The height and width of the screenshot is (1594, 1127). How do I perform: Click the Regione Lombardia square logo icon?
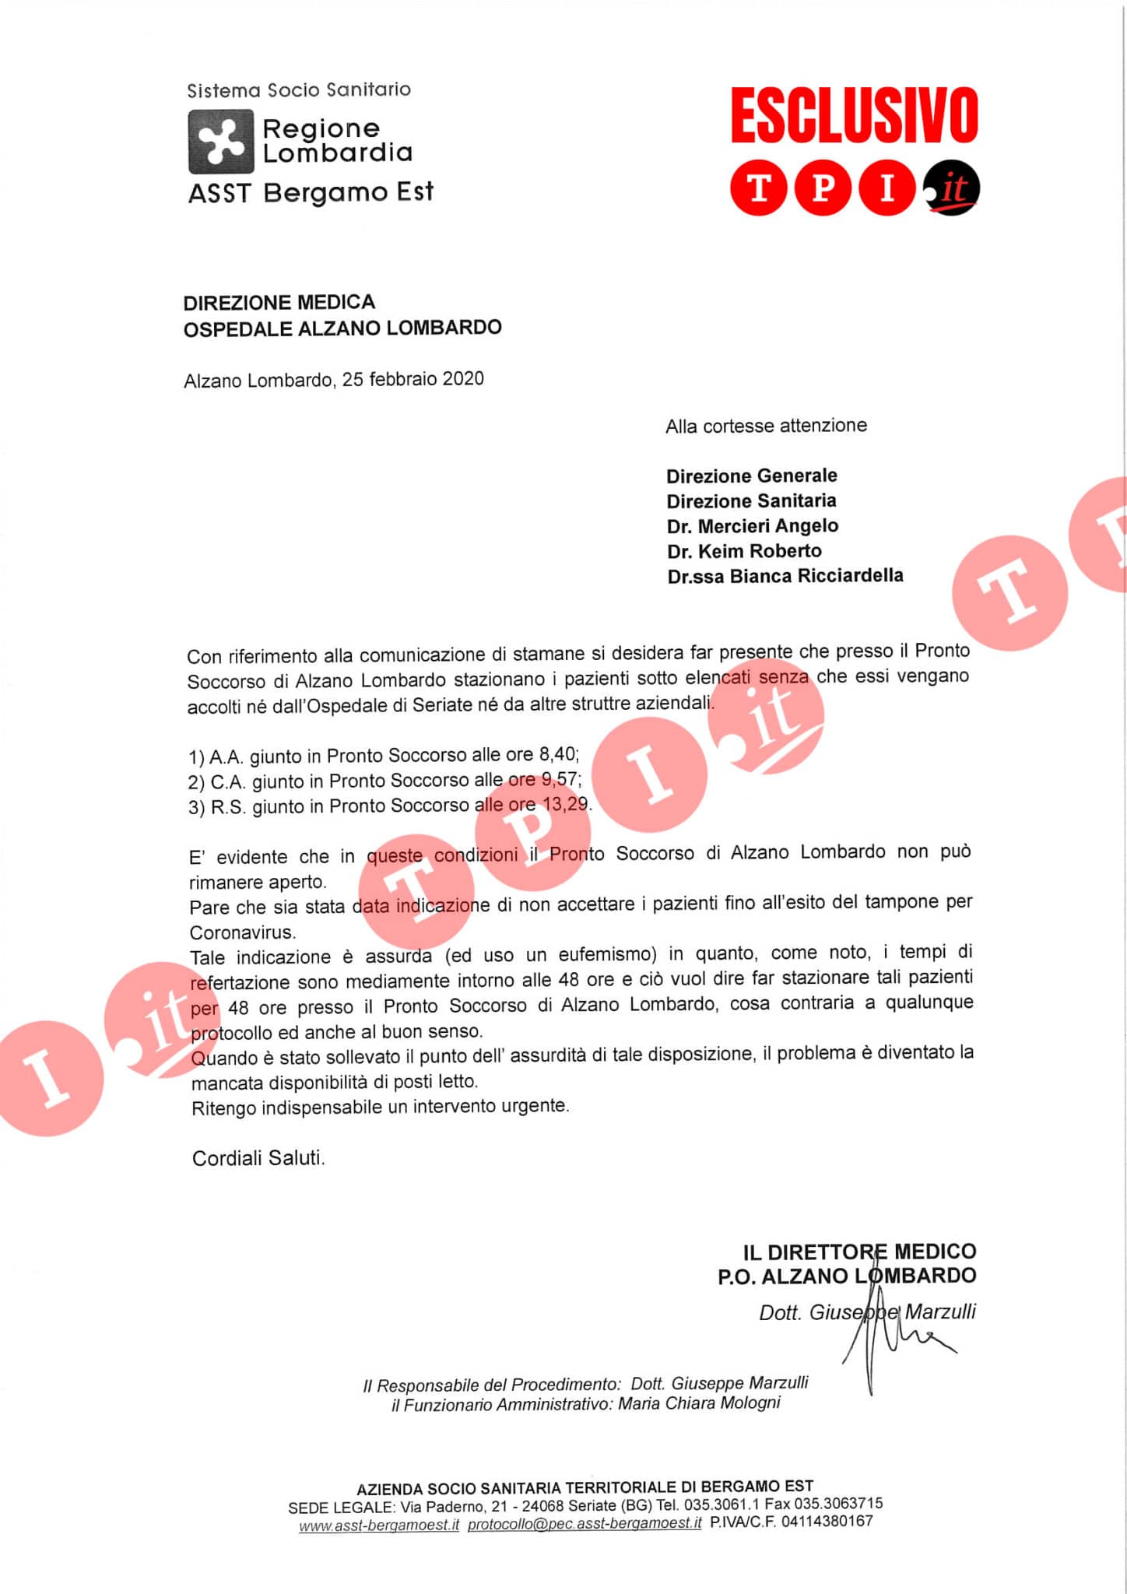221,141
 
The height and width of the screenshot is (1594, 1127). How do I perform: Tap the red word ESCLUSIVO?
854,115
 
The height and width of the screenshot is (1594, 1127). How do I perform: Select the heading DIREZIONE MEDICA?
279,302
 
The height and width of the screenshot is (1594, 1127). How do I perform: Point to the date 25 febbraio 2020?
413,379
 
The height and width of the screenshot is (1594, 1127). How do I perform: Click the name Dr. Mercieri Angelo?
753,526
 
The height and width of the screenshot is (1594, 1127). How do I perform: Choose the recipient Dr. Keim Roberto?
744,551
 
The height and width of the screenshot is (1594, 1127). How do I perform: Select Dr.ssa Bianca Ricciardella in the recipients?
785,576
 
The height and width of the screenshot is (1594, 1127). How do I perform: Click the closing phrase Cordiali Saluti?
258,1157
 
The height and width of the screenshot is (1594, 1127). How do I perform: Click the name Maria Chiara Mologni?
699,1403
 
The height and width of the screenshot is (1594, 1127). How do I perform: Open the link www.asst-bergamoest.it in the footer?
379,1525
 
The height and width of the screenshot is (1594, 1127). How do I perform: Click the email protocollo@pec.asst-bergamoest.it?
585,1523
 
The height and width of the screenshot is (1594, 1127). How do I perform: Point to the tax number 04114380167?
827,1521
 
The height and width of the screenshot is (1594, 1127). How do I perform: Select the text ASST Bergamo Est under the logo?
311,192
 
